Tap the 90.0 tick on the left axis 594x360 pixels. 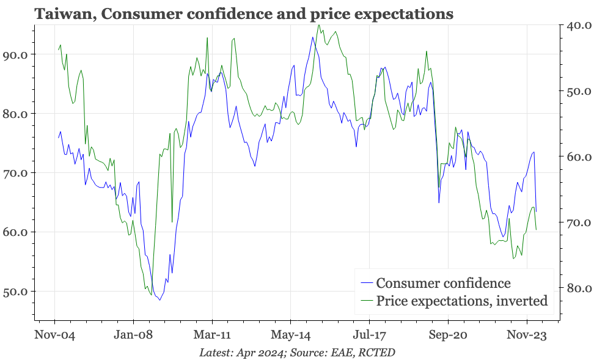tap(16, 54)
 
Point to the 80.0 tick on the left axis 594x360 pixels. tap(16, 114)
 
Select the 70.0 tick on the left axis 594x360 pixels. tap(16, 173)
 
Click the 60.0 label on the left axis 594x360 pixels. tap(16, 232)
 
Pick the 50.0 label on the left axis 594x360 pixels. tap(16, 292)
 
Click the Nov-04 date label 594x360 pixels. tap(54, 335)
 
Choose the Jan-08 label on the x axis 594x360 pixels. tap(133, 335)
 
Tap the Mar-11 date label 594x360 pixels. tap(212, 335)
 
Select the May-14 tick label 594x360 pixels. tap(291, 335)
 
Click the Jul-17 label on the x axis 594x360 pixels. tap(369, 335)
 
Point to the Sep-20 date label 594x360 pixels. tap(448, 335)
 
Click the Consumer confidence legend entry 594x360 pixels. tap(443, 283)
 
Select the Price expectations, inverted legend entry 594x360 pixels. tap(461, 301)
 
